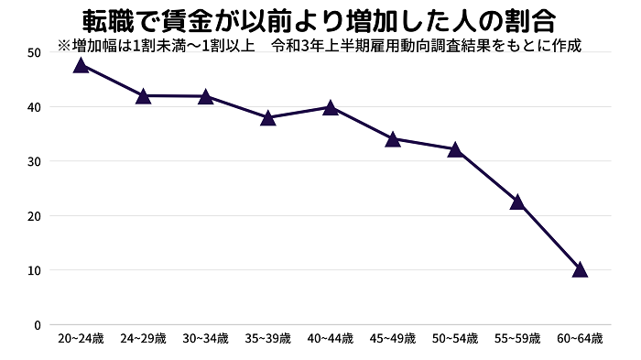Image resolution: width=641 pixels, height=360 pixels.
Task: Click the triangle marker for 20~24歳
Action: tap(81, 65)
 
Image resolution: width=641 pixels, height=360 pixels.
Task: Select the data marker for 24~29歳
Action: tap(143, 95)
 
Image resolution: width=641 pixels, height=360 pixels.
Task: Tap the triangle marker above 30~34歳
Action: tap(205, 96)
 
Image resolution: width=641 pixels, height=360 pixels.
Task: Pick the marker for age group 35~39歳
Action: tap(267, 117)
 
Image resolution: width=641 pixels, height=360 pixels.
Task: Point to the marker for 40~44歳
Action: tap(330, 107)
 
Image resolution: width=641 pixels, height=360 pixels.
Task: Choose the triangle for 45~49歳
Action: tap(392, 139)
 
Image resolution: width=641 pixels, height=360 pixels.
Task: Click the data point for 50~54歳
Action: tap(454, 149)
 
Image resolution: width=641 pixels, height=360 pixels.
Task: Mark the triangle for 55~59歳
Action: tap(516, 202)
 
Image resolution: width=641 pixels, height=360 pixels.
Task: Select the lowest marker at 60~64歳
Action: tap(579, 269)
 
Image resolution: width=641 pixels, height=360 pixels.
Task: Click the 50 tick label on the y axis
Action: tap(34, 52)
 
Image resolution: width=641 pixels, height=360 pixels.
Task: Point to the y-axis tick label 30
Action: tap(34, 161)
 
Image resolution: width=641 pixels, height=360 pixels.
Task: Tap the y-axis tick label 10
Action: tap(34, 270)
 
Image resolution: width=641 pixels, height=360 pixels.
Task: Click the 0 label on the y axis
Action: tap(38, 324)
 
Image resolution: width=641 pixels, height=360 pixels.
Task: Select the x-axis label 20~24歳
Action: tap(81, 339)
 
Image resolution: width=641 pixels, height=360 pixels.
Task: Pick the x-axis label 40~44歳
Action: tap(330, 339)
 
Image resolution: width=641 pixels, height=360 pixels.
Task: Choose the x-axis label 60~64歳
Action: tap(579, 339)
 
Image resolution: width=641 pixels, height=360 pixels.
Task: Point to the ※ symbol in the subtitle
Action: tap(63, 44)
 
